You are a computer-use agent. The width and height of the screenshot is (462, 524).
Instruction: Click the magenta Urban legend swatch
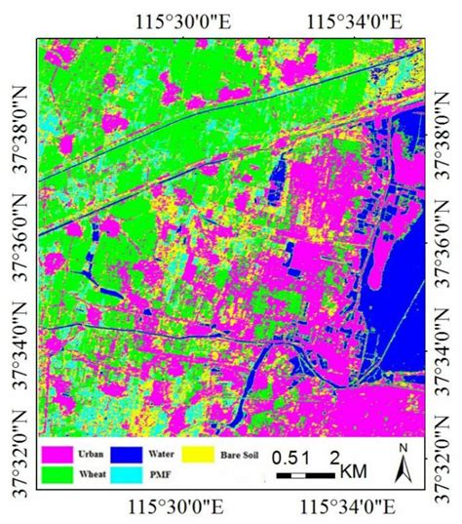[x=60, y=454]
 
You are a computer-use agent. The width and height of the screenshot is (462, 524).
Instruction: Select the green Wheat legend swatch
[x=60, y=474]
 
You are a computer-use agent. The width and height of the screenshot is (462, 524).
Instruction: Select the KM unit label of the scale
[x=354, y=471]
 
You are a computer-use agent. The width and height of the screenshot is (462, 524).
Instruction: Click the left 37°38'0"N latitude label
[x=17, y=118]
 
